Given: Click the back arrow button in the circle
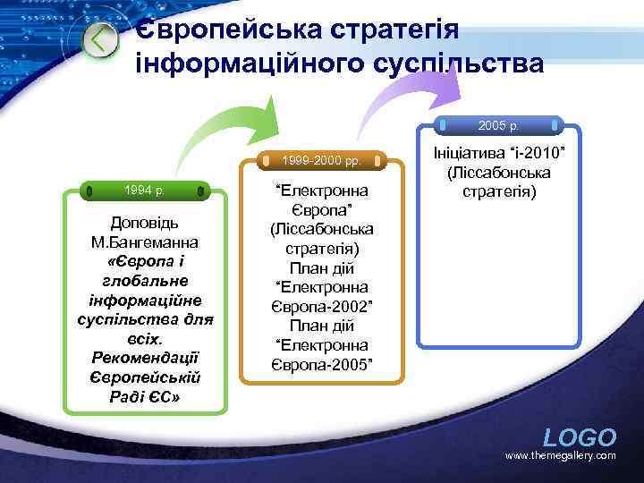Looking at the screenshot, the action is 100,39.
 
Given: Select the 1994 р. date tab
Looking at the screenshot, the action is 144,190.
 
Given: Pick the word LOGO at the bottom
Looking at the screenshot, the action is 580,437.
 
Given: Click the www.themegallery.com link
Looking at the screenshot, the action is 561,456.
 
